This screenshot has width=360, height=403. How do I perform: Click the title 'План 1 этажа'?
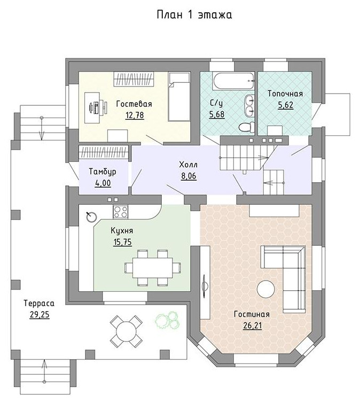pos(194,14)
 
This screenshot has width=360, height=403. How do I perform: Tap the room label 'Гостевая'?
pos(134,104)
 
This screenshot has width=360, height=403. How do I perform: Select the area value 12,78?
pos(135,115)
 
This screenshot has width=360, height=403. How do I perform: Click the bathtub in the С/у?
pos(233,81)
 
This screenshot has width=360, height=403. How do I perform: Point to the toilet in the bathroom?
pos(246,127)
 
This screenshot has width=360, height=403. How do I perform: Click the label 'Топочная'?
pos(285,94)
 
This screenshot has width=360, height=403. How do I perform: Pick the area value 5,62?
pos(286,105)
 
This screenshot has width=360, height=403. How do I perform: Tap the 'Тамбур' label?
pos(103,172)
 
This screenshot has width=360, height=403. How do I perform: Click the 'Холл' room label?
pos(189,165)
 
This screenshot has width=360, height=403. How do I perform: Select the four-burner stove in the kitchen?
pos(120,212)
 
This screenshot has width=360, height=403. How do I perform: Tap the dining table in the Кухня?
pos(153,268)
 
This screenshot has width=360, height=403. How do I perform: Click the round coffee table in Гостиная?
pos(266,289)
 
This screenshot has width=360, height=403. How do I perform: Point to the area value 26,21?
pos(253,326)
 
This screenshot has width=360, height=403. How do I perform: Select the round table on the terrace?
pos(126,331)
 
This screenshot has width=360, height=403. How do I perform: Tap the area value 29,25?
pos(40,315)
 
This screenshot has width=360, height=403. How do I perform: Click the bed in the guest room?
pos(179,96)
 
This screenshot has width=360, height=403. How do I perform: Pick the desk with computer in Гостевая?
pos(92,107)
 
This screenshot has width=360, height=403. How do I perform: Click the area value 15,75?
pos(122,242)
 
